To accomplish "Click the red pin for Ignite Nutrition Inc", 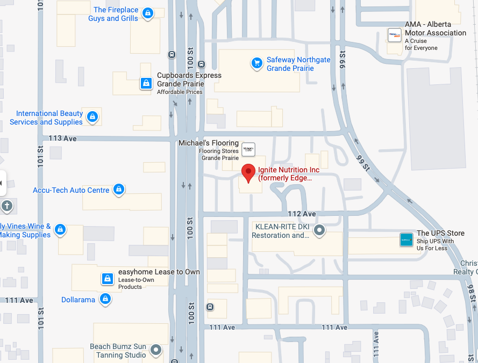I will (x=248, y=172).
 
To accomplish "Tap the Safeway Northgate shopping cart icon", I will (x=256, y=63).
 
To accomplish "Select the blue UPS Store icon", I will (x=406, y=239).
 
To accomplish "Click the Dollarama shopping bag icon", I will (x=105, y=299).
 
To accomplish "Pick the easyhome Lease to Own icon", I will (x=108, y=279).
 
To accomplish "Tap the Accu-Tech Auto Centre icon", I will (x=119, y=189).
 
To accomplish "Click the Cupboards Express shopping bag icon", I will (x=146, y=83).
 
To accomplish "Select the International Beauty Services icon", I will (x=92, y=116).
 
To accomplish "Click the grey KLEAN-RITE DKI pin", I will (x=319, y=231).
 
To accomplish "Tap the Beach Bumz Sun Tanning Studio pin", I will (x=156, y=351).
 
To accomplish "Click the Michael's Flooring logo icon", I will (x=248, y=148).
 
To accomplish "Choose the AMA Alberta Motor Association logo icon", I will (x=395, y=35).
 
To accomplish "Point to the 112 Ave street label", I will (x=302, y=214).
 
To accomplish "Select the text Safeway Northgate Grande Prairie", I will (x=298, y=64).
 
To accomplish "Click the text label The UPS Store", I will (x=440, y=233).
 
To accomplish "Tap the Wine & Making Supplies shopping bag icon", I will (x=60, y=229).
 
